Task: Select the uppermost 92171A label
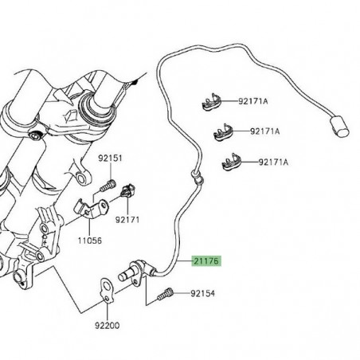(x=253, y=101)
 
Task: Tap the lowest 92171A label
(x=275, y=162)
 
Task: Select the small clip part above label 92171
(x=128, y=190)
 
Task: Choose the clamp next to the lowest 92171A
(x=230, y=162)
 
